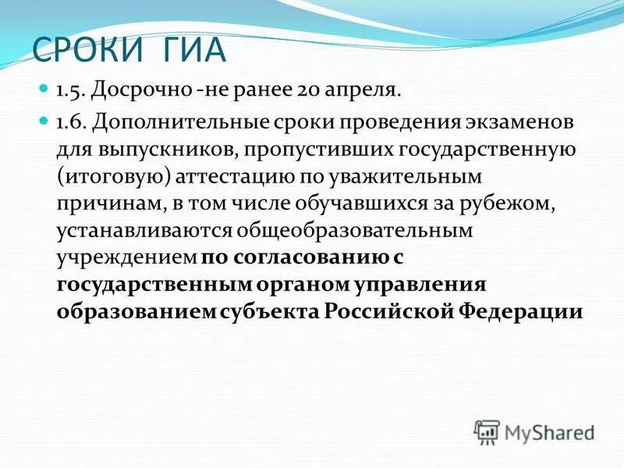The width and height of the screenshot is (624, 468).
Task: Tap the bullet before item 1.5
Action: tap(44, 90)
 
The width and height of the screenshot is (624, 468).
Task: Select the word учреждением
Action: tap(126, 257)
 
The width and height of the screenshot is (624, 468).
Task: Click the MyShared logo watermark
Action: tap(534, 431)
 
